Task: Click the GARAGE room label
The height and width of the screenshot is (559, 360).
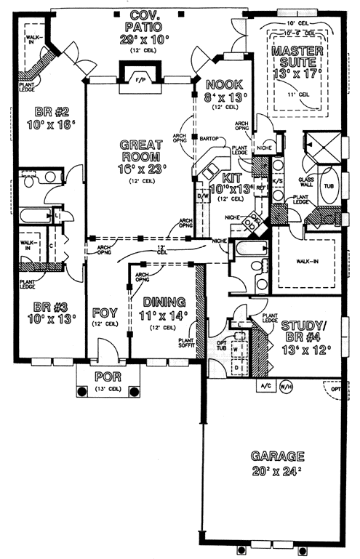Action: (277, 457)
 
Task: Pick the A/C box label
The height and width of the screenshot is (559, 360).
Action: (262, 387)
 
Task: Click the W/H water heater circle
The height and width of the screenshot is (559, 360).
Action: (284, 387)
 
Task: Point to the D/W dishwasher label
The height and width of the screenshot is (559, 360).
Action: (203, 196)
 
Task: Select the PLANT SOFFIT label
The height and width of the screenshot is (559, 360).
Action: (186, 343)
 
